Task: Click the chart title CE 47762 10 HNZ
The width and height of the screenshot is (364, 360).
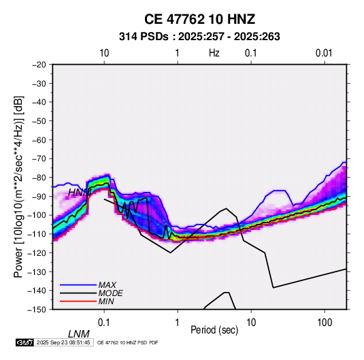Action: click(199, 19)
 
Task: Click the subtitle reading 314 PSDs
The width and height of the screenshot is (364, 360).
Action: click(144, 37)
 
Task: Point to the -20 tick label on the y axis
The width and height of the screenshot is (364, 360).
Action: click(39, 65)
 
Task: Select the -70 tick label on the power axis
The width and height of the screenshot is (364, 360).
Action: click(39, 159)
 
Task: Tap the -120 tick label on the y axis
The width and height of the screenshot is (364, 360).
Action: click(37, 252)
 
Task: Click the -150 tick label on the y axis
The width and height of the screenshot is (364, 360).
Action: click(37, 310)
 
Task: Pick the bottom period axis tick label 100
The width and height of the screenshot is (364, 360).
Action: click(325, 323)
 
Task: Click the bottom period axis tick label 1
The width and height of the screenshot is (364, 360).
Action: click(178, 323)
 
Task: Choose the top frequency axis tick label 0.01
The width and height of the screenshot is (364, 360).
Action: click(324, 53)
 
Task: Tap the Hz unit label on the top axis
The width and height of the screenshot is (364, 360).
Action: click(214, 53)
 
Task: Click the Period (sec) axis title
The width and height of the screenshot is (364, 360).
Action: click(214, 330)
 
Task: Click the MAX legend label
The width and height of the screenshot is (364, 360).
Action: click(107, 284)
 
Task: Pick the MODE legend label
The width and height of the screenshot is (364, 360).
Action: click(110, 293)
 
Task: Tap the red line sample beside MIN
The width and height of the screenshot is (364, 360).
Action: click(78, 301)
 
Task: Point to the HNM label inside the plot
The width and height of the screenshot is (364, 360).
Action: click(80, 193)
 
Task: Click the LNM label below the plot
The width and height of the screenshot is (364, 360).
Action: click(78, 334)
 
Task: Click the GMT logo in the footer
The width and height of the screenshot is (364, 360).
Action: click(25, 342)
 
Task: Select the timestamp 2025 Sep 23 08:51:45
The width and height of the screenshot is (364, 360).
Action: click(63, 342)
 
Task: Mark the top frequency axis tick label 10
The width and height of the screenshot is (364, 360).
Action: click(104, 53)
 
